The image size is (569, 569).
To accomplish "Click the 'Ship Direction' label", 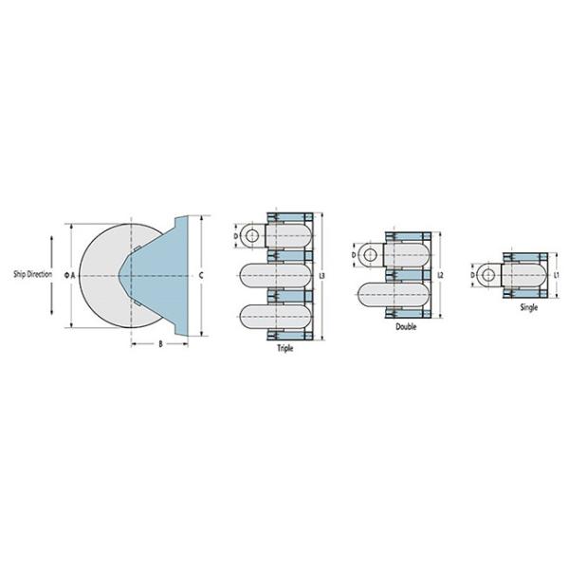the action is pos(32,274).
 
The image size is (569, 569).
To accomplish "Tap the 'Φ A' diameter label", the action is pos(69,275).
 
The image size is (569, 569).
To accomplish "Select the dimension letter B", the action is pos(161,343).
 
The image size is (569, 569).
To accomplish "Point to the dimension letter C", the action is pos(201,275).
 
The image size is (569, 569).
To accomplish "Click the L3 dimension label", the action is pos(321,276).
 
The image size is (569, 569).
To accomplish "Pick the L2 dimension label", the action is pos(441,275).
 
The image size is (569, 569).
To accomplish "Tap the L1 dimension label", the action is pos(557,275).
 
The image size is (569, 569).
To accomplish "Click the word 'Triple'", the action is pos(285,348).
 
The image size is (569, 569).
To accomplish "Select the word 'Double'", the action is pos(406,326).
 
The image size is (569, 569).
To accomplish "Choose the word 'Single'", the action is pos(529,307).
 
